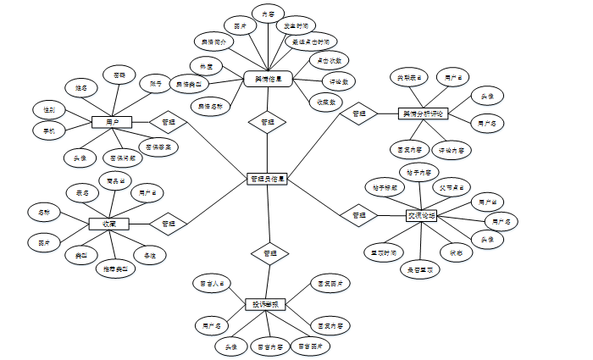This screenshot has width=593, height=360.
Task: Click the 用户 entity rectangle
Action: [112, 122]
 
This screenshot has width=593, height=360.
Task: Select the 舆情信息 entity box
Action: [268, 78]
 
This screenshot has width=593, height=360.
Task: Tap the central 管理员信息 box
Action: [268, 180]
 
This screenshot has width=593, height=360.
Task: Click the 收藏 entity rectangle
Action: [109, 224]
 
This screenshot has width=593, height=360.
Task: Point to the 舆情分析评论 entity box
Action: [422, 114]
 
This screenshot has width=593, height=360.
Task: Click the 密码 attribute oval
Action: [119, 75]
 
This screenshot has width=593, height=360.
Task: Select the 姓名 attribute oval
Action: [81, 87]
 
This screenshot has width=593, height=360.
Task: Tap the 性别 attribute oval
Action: [49, 110]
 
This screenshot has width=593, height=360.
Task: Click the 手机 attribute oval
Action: [49, 130]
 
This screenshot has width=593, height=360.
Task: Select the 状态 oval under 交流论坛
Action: [456, 252]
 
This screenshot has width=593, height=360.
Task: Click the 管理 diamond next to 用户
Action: [168, 122]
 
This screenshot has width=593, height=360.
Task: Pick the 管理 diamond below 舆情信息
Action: [268, 123]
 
